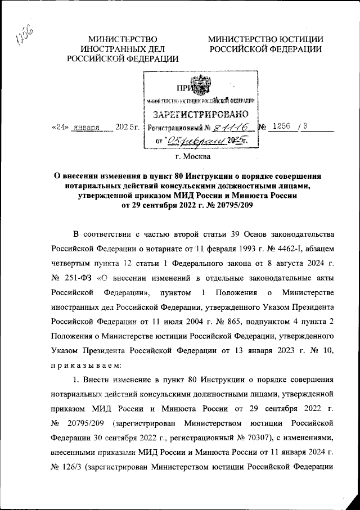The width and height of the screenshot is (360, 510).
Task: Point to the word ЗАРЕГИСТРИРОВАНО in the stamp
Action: pyautogui.click(x=201, y=116)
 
